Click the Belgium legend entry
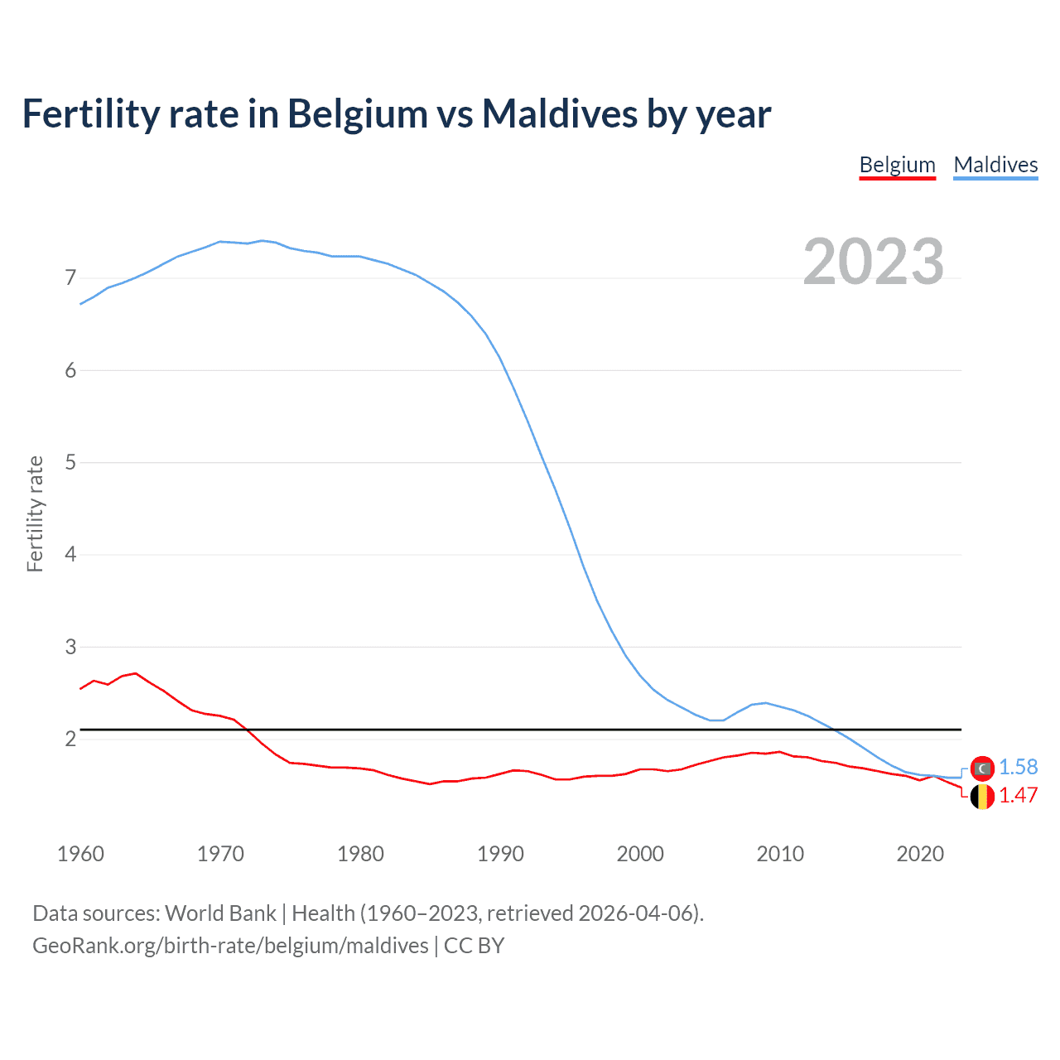pos(897,165)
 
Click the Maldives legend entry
pos(995,165)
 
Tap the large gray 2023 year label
pos(874,262)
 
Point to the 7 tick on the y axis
pos(70,277)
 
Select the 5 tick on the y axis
pos(70,462)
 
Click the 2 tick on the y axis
pos(70,739)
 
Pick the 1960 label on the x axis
pos(80,854)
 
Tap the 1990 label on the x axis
pos(500,854)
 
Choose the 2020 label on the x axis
pos(920,854)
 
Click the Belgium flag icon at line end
pos(982,797)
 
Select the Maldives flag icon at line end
pos(982,768)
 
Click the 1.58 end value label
pos(1018,768)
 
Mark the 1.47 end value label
pos(1018,796)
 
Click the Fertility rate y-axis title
pos(35,513)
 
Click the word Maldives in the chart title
pos(559,113)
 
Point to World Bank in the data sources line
pos(220,913)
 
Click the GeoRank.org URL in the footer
pos(230,946)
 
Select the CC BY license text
pos(474,946)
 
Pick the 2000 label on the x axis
pos(640,854)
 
